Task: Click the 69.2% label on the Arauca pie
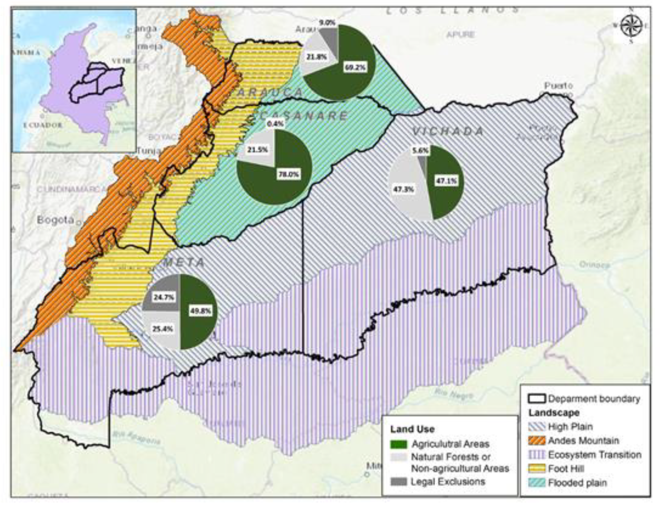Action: pyautogui.click(x=355, y=67)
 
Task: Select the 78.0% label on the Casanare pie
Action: pyautogui.click(x=288, y=174)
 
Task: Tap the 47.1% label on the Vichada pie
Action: pyautogui.click(x=446, y=181)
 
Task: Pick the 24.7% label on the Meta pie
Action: pyautogui.click(x=163, y=297)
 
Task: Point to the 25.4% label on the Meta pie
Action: pyautogui.click(x=162, y=329)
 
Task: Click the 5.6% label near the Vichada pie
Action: pyautogui.click(x=420, y=151)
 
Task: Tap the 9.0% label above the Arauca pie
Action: pyautogui.click(x=327, y=23)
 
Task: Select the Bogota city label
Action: pyautogui.click(x=55, y=220)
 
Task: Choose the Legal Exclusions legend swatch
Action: pyautogui.click(x=399, y=482)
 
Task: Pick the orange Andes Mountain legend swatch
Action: pyautogui.click(x=537, y=441)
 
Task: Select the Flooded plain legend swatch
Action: pyautogui.click(x=537, y=483)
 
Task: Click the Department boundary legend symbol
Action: pyautogui.click(x=537, y=399)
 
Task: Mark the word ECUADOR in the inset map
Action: pyautogui.click(x=43, y=125)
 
